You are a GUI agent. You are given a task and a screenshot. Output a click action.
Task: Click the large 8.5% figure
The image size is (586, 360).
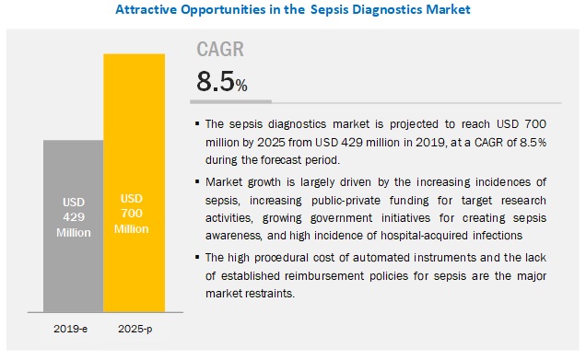pyautogui.click(x=221, y=83)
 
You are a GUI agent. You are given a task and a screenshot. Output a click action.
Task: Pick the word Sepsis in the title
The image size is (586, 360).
pyautogui.click(x=312, y=11)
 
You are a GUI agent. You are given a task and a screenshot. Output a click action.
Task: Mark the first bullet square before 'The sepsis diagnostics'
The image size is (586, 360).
pyautogui.click(x=198, y=123)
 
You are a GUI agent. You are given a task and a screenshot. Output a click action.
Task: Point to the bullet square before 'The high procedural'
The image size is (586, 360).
pyautogui.click(x=198, y=257)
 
